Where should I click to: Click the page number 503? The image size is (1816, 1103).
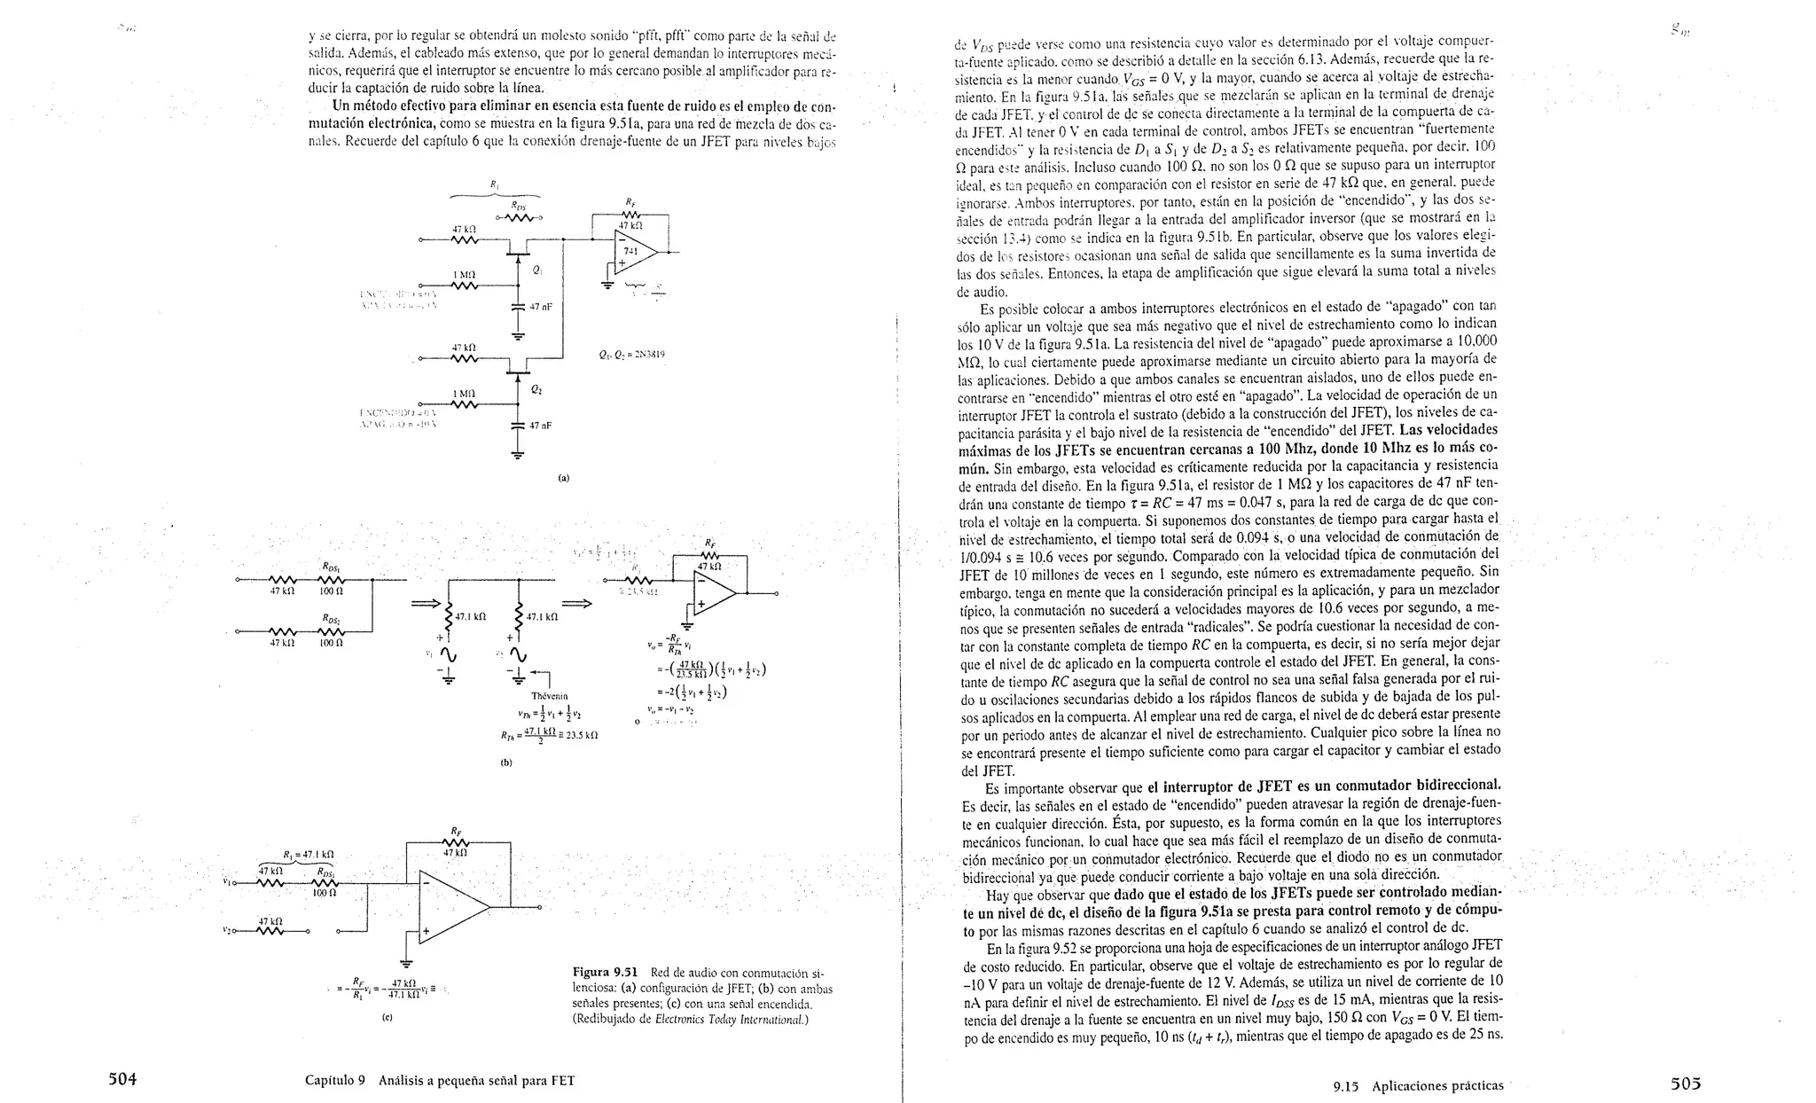[x=1686, y=1083]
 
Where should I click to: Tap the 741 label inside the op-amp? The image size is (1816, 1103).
[x=630, y=251]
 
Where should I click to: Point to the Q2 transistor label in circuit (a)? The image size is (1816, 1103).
[x=536, y=389]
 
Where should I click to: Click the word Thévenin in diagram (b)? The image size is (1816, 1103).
[x=549, y=696]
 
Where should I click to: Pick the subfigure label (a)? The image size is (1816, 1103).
[x=563, y=478]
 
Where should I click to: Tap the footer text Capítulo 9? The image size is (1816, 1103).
[x=335, y=1080]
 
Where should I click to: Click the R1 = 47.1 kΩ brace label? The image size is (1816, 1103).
[x=308, y=855]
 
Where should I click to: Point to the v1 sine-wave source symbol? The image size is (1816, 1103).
[x=447, y=654]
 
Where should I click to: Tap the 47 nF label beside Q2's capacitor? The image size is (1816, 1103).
[x=541, y=426]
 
